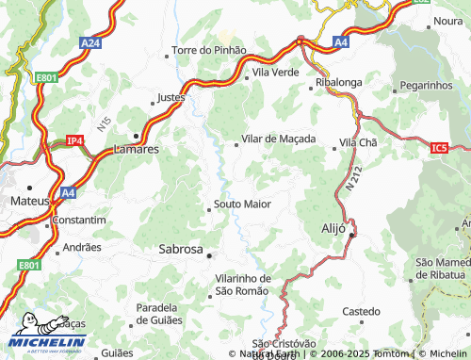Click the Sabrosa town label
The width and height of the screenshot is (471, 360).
point(174,250)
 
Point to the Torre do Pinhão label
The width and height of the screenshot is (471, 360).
point(208,50)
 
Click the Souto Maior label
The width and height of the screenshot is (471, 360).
point(242,204)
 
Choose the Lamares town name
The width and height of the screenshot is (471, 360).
point(136,149)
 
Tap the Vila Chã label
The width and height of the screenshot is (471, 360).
point(358,141)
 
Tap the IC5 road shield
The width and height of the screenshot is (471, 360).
point(439,147)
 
